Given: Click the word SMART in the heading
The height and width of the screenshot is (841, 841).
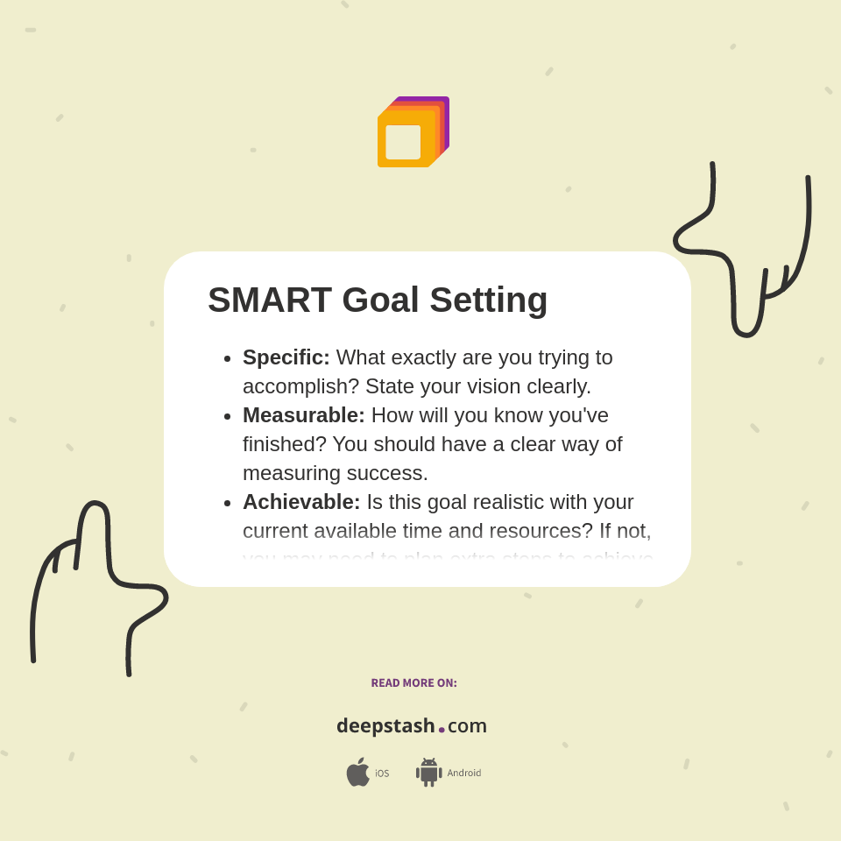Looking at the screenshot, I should (270, 300).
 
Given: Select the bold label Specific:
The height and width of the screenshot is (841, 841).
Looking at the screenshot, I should (286, 357).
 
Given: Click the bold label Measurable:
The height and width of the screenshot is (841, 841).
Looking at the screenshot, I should (304, 415).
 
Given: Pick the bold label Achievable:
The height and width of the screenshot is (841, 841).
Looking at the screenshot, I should (301, 502).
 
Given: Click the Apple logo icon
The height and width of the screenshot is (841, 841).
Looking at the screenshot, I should (357, 772).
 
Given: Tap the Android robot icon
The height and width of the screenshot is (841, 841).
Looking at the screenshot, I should (428, 772).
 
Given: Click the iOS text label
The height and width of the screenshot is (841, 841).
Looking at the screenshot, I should (382, 774).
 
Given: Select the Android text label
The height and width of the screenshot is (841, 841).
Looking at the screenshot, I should (463, 774).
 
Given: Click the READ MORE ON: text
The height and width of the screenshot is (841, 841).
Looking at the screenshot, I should (413, 683).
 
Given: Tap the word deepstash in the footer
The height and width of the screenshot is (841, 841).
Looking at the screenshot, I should (385, 726).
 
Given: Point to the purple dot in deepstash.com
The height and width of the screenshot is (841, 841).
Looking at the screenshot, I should (442, 730).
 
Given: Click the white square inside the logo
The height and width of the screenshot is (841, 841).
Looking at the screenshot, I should (403, 142).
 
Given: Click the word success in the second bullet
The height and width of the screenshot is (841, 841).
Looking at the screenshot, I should (388, 473).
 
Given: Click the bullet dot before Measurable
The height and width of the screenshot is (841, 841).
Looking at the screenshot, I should (228, 416).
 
